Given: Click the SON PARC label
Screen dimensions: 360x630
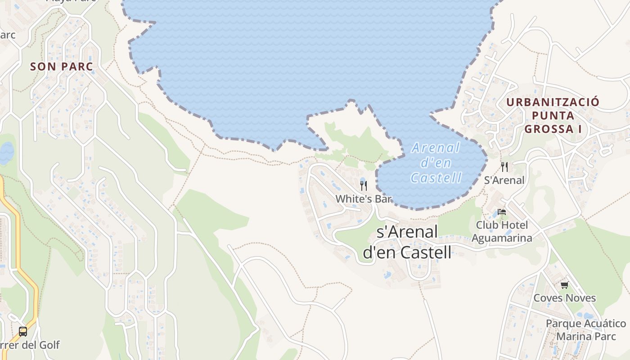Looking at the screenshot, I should pos(61,67).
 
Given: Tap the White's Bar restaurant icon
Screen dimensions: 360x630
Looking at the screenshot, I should pos(364,185).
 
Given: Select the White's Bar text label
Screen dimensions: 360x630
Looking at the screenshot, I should pos(364,198).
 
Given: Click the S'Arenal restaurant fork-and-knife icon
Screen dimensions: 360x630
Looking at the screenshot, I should pos(504,167).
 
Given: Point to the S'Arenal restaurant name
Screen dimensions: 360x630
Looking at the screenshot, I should pos(504,180).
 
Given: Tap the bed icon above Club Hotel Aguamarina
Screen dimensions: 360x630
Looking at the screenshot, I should pos(502,212).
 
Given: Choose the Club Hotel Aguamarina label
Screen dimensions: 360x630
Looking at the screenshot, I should pos(502,231).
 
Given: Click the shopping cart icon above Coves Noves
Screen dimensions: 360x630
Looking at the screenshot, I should pos(564,285).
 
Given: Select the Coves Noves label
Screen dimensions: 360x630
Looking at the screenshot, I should pos(564,298).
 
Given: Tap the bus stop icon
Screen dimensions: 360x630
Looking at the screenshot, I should pos(23,332).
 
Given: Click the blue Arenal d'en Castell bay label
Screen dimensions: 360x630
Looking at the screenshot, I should pos(436,162).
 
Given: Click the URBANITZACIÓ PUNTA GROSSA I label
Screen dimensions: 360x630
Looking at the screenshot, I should pos(553,116).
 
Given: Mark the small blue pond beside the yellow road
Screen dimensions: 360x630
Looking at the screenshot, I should pos(6,153).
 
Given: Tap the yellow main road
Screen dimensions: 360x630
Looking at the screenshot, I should pos(18,252).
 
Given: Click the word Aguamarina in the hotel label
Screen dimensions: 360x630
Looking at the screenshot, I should pos(502,238).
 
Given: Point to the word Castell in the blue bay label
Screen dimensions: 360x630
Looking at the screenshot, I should pos(436,178).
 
